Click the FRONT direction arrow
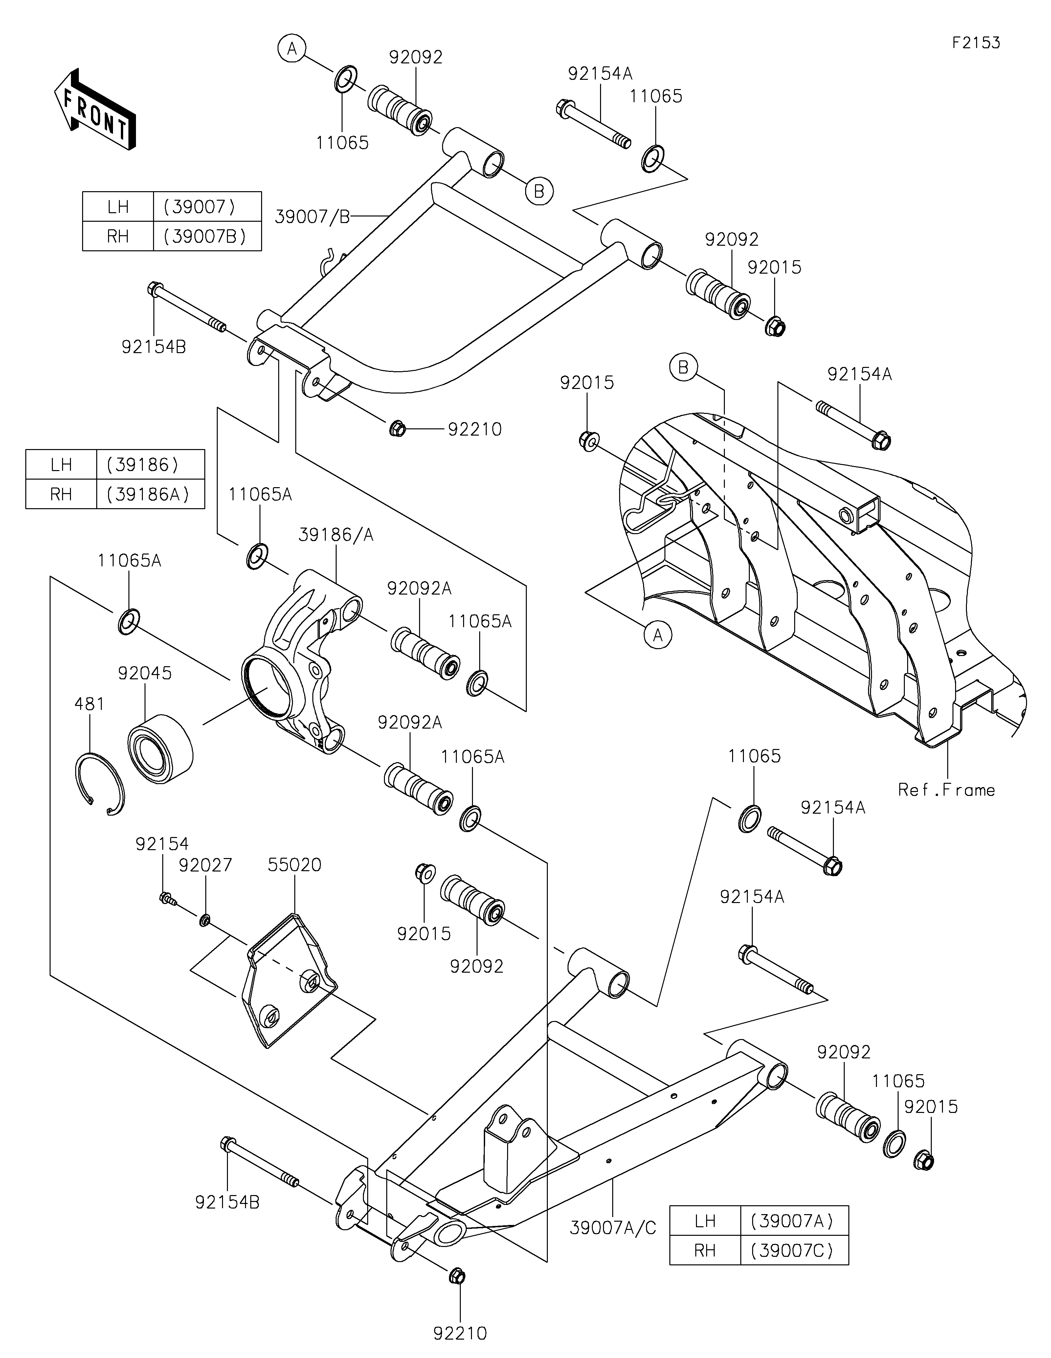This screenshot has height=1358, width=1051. [x=95, y=109]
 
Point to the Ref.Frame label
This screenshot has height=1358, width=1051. [x=947, y=790]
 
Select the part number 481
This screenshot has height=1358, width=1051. [x=90, y=704]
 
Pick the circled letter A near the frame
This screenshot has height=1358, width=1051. [x=658, y=635]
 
